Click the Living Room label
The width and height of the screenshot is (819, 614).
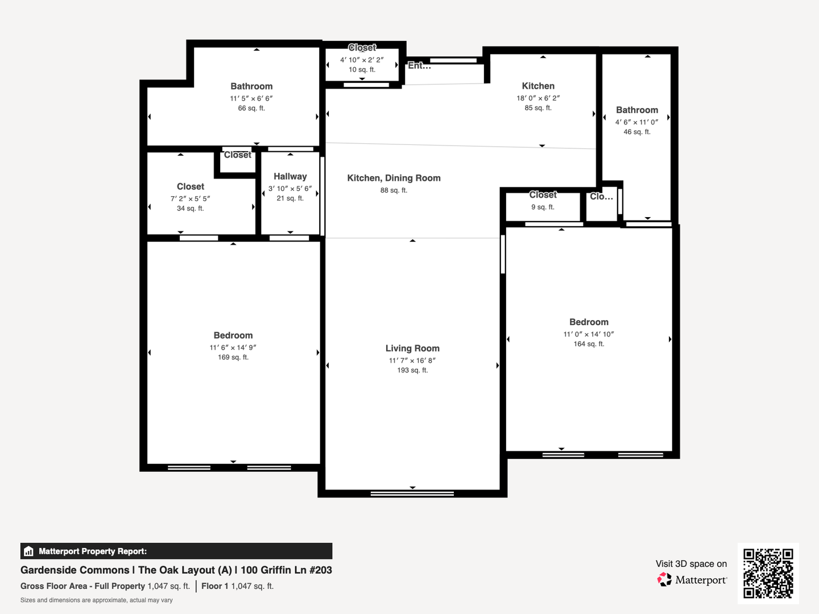tap(412, 348)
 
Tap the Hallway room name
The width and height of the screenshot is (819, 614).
tap(290, 176)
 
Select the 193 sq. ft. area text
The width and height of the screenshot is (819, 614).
tap(412, 370)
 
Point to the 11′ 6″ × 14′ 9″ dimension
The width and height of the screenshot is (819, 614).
tap(233, 347)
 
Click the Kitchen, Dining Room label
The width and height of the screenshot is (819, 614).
tap(394, 178)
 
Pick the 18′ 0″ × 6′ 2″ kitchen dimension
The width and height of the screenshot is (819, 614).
tap(538, 98)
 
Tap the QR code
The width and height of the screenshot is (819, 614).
tap(768, 574)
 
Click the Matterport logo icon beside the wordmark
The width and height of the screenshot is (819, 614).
tap(664, 580)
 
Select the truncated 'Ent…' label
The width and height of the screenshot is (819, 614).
tap(419, 65)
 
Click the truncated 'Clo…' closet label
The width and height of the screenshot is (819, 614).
tap(601, 197)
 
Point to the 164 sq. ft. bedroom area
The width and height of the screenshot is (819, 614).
tap(589, 344)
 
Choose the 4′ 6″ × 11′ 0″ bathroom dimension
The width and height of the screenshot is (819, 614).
tap(636, 122)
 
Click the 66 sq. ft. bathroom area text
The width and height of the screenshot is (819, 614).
tap(251, 108)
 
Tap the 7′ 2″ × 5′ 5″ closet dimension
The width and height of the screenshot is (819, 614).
tap(191, 199)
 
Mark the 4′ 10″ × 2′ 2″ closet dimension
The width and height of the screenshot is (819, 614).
tap(362, 60)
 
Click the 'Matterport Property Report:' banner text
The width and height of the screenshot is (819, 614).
tap(93, 551)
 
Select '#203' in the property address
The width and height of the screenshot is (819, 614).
tap(321, 570)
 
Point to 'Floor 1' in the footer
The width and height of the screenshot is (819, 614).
tap(215, 586)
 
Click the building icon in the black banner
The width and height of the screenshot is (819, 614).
tap(29, 551)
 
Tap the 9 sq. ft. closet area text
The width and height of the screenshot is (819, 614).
tap(543, 207)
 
